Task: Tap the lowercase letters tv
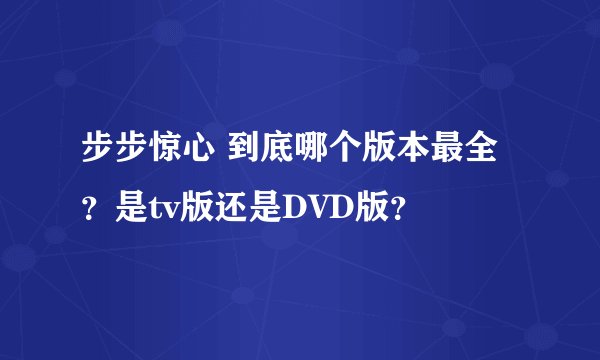[161, 207]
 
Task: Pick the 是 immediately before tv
[130, 207]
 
